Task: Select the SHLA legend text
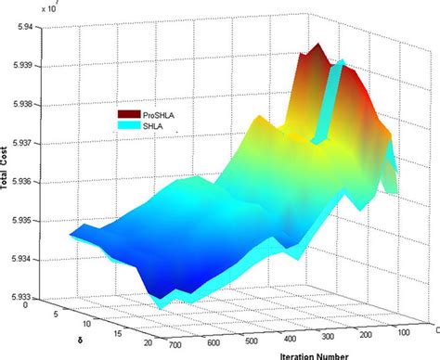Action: tap(155, 124)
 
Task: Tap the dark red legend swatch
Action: tap(127, 111)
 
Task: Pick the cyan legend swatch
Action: tap(127, 123)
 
